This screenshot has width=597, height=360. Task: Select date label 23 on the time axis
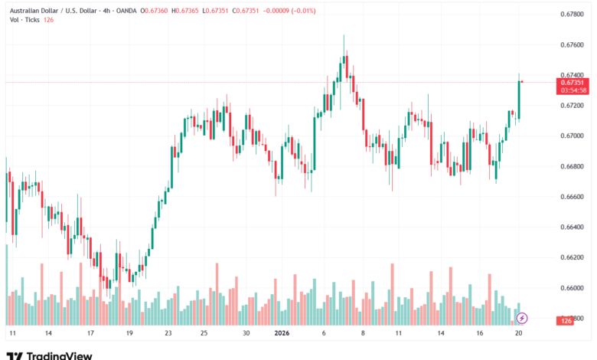click(168, 334)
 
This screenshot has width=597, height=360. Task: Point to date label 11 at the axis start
click(12, 334)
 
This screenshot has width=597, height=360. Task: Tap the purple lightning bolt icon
click(521, 317)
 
